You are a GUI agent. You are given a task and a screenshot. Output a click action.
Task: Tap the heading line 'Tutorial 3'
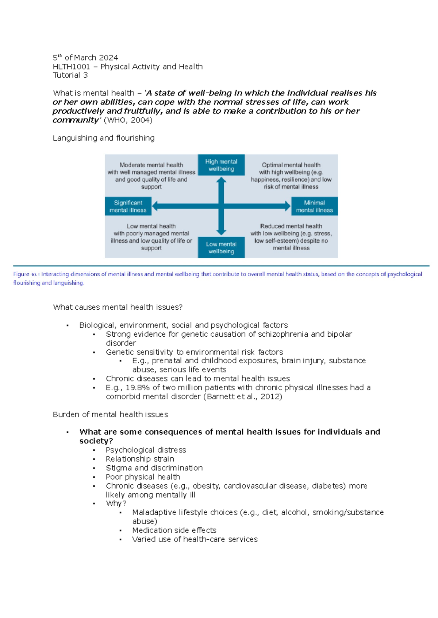pos(70,75)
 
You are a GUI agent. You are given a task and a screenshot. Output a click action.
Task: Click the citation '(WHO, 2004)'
pos(128,120)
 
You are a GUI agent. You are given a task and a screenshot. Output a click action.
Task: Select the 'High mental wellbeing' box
pos(221,165)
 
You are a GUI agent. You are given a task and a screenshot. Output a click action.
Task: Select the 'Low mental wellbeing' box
pos(221,248)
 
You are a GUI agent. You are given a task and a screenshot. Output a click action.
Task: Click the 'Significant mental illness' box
pos(128,206)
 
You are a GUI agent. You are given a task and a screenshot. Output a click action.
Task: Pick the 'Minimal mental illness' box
pos(314,206)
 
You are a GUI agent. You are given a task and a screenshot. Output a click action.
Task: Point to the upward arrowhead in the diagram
pos(221,180)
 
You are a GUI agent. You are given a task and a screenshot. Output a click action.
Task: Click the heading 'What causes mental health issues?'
pos(118,307)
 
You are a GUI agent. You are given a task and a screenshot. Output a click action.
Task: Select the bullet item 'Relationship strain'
pos(140,459)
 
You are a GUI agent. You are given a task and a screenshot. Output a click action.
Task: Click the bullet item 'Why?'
pos(116,504)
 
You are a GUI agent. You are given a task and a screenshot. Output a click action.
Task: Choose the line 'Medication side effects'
pos(174,530)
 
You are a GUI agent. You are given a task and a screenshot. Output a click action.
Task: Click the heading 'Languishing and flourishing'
pos(104,138)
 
